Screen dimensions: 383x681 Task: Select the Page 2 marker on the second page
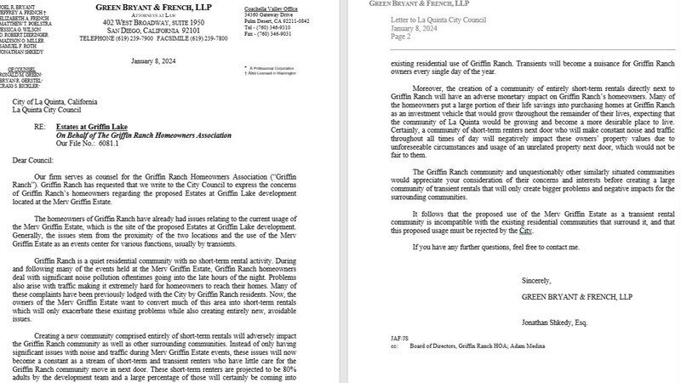click(399, 36)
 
